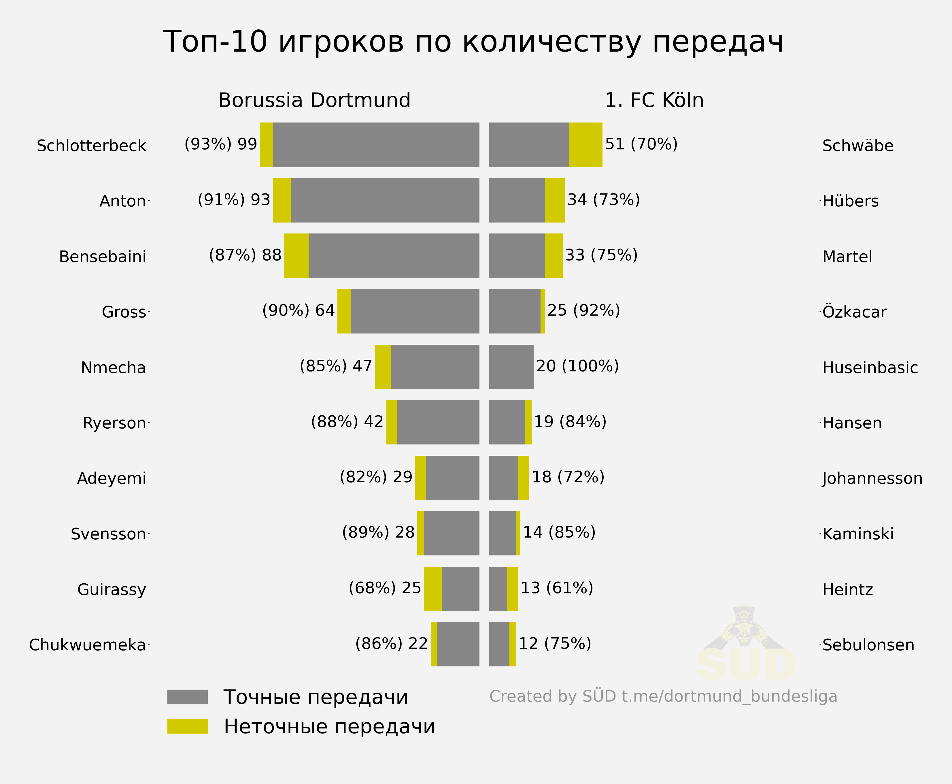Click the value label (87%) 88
pos(245,255)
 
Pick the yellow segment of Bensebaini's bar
pos(296,256)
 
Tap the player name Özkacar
pos(854,312)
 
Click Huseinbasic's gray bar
pos(511,367)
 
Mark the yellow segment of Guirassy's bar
pos(432,589)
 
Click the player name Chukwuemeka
pos(88,645)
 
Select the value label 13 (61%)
pos(557,588)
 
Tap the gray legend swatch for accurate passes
pos(187,697)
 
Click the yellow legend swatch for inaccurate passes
pos(187,726)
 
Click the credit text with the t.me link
pos(663,696)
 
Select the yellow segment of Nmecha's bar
pos(382,367)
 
